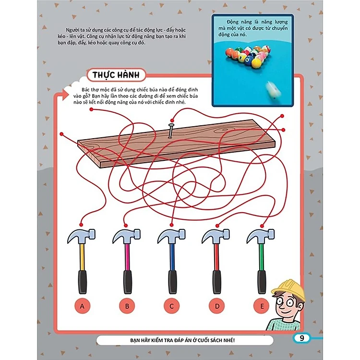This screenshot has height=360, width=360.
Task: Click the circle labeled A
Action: pyautogui.click(x=82, y=306)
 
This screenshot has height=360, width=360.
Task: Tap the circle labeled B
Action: pyautogui.click(x=127, y=306)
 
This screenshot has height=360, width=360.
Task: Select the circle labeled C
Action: pyautogui.click(x=172, y=306)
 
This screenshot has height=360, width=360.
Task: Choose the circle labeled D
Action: pyautogui.click(x=217, y=306)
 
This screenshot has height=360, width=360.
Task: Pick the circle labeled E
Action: pyautogui.click(x=262, y=306)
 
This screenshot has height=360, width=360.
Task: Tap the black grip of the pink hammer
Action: pyautogui.click(x=127, y=282)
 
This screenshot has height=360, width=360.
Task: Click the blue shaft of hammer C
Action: pyautogui.click(x=172, y=257)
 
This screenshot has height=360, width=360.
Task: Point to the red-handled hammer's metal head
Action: pyautogui.click(x=216, y=236)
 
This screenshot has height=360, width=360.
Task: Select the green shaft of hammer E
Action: pyautogui.click(x=261, y=257)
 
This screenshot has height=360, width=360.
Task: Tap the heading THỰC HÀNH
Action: pyautogui.click(x=116, y=75)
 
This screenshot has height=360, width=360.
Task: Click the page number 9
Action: pyautogui.click(x=302, y=338)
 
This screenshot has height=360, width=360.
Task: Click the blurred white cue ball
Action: pyautogui.click(x=274, y=90)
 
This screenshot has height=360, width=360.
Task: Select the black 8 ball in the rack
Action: pyautogui.click(x=248, y=61)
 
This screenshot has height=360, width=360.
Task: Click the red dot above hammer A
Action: pyautogui.click(x=81, y=224)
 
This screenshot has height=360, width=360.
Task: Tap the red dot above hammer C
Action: pyautogui.click(x=171, y=225)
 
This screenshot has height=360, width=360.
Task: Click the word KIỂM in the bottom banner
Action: pyautogui.click(x=162, y=340)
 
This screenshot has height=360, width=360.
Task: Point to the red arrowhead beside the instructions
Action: pyautogui.click(x=65, y=95)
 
